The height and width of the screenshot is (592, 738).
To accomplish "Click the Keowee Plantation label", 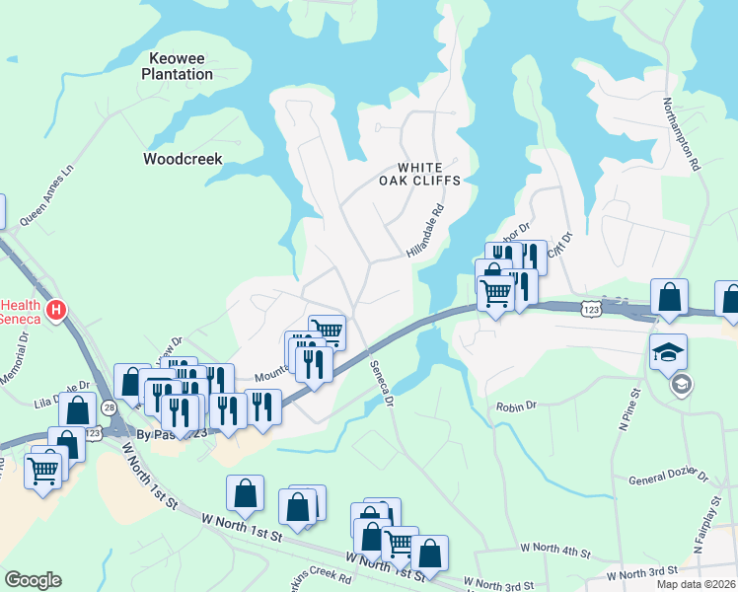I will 177,66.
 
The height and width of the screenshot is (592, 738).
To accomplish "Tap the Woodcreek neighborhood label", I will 183,158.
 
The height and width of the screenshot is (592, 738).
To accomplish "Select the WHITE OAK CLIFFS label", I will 422,174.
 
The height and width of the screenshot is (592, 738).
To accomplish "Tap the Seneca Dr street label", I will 382,384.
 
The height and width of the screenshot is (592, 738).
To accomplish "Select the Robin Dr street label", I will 516,406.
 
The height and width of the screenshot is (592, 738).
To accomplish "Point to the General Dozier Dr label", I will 668,480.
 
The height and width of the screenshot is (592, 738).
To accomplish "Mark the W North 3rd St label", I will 641,572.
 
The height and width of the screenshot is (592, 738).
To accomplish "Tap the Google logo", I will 33,580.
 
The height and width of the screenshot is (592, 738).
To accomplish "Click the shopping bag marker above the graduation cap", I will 669,297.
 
